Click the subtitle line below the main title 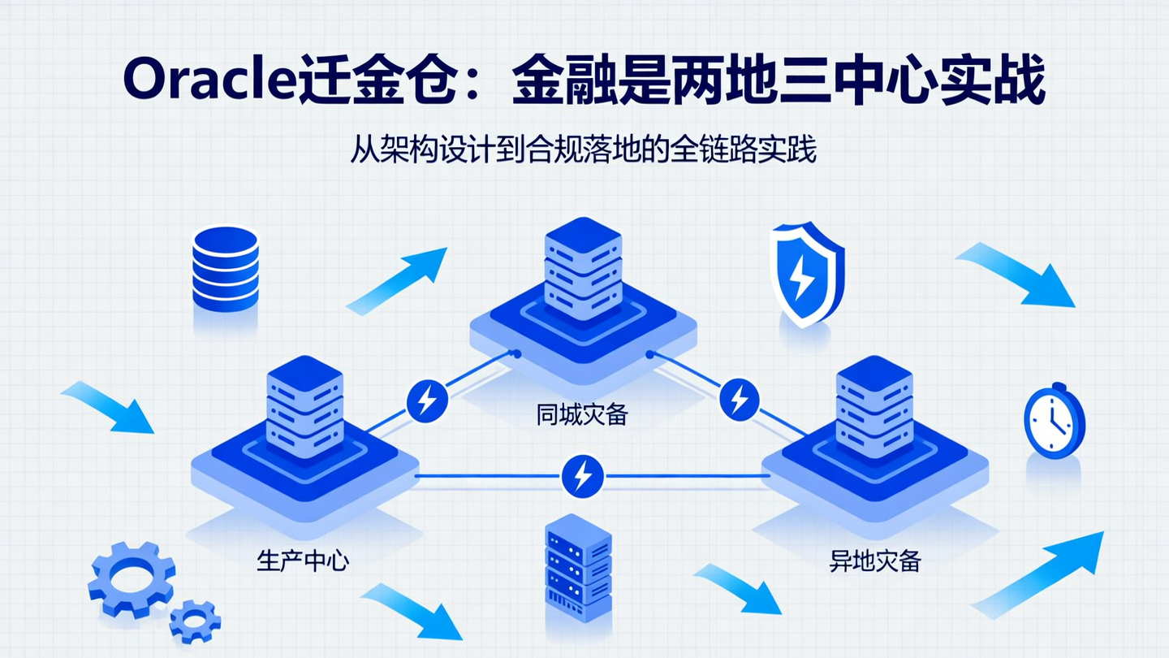point(583,150)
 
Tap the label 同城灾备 point(582,415)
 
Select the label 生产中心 point(303,561)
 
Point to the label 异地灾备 point(875,561)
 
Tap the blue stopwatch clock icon point(1054,421)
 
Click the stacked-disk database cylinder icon point(225,268)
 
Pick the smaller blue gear point(195,621)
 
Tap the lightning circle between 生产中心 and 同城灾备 point(427,400)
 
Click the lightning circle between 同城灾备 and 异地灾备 point(739,399)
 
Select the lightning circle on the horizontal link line point(582,475)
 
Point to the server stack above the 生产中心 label point(304,406)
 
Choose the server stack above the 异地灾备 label point(874,406)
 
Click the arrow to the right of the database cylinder point(398,280)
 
